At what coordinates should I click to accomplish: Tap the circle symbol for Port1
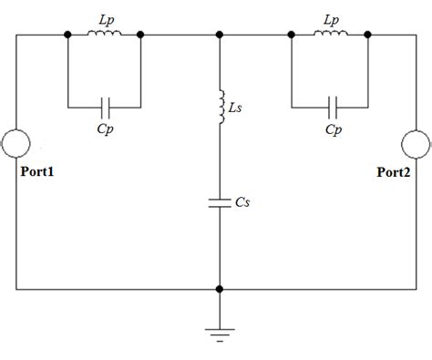coord(17,144)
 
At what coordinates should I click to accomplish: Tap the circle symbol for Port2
coord(415,144)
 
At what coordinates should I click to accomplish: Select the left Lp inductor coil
coord(105,36)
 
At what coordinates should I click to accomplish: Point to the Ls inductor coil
coord(219,108)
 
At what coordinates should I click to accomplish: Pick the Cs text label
coord(242,203)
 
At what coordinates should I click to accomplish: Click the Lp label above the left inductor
coord(106,17)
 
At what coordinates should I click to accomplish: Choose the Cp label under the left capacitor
coord(105,129)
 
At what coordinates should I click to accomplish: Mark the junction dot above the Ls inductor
coord(219,36)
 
